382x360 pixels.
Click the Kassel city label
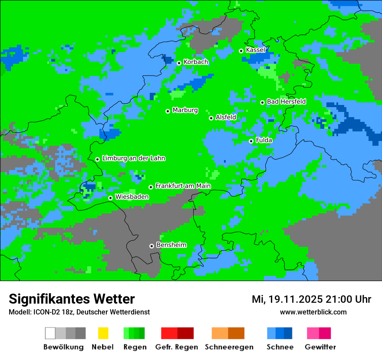255,50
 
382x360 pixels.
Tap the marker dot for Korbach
179,63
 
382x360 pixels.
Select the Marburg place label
185,110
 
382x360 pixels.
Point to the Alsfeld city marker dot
211,118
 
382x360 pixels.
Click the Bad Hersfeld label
286,101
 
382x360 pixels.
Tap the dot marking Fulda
251,141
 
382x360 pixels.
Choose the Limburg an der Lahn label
133,158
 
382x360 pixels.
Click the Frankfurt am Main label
183,186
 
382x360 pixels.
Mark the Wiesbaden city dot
111,198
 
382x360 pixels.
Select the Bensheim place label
171,245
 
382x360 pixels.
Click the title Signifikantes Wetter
72,299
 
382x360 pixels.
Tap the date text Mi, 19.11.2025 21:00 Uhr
311,299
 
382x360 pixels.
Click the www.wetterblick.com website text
313,312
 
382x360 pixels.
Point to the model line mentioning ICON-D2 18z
79,312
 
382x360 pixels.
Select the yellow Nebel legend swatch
103,333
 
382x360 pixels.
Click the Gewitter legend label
320,347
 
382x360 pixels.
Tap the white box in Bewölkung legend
50,333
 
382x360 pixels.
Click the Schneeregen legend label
229,347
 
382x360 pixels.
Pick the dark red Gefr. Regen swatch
185,333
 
